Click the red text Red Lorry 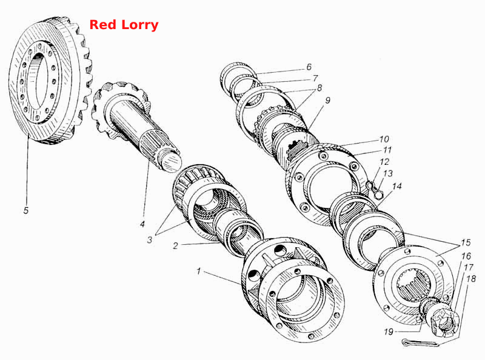pyautogui.click(x=124, y=25)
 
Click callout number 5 pyautogui.click(x=26, y=210)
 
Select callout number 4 pyautogui.click(x=142, y=224)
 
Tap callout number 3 pyautogui.click(x=150, y=239)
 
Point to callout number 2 pyautogui.click(x=176, y=246)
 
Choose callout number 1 pyautogui.click(x=199, y=272)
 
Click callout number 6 pyautogui.click(x=309, y=67)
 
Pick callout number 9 pyautogui.click(x=327, y=100)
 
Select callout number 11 pyautogui.click(x=387, y=150)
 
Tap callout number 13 pyautogui.click(x=388, y=173)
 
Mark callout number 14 pyautogui.click(x=397, y=186)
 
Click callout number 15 pyautogui.click(x=466, y=242)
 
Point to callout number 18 pyautogui.click(x=471, y=279)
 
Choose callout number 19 pyautogui.click(x=389, y=332)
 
